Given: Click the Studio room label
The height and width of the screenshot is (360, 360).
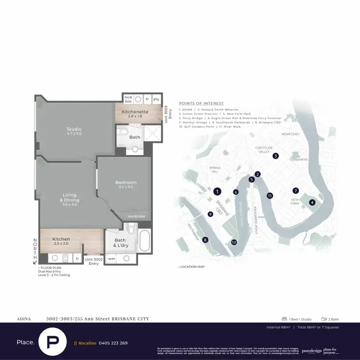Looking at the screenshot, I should pos(73,129).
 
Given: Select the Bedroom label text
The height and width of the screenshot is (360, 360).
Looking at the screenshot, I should pos(126,182).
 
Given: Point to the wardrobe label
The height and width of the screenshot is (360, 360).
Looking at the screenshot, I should pos(136,216).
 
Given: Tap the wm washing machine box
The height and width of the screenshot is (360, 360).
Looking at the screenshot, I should pos(112,259).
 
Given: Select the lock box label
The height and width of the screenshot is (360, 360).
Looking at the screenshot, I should pos(128,99).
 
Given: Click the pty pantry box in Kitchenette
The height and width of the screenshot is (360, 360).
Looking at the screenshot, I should pos(156,99).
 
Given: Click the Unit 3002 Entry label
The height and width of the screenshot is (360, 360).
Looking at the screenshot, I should pos(92,261).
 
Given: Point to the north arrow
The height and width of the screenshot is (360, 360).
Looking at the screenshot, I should pos(35,262).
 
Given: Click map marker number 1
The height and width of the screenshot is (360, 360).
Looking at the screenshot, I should pos(217,191).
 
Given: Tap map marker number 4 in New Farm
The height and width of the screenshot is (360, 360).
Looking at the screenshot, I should pos(312,202).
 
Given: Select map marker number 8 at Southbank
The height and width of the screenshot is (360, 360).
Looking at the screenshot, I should pos(205,240).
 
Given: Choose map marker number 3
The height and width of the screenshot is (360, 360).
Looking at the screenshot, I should pos(276,156).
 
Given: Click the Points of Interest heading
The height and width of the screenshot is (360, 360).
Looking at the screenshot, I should pos(201,103).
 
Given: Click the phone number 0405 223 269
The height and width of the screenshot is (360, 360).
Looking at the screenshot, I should pos(113,343).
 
